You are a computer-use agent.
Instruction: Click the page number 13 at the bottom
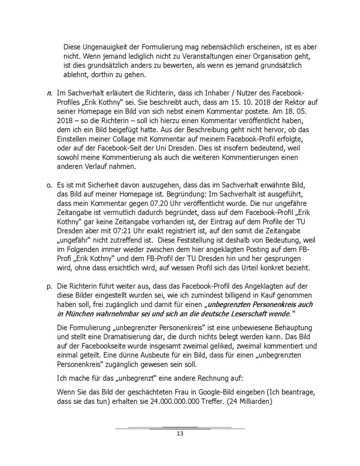click(179, 434)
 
